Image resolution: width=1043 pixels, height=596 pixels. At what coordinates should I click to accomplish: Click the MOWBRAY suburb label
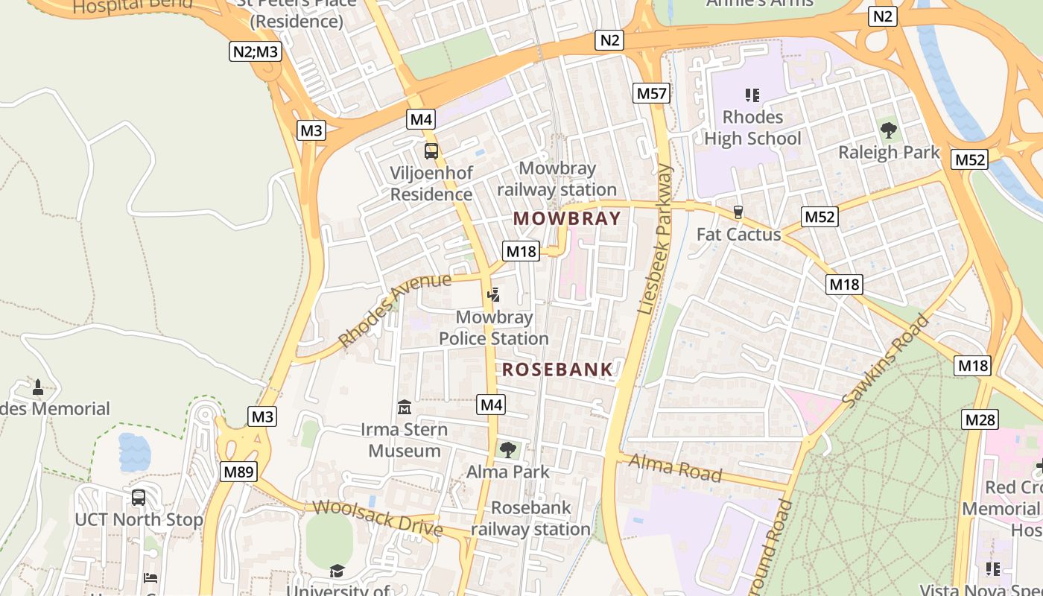567,218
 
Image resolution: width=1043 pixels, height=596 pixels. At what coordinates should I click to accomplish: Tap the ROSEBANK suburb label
557,370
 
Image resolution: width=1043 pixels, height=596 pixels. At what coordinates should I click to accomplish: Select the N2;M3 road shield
254,51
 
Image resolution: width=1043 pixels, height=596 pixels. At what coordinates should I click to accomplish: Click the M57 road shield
652,93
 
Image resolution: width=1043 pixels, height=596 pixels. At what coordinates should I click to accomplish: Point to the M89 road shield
238,471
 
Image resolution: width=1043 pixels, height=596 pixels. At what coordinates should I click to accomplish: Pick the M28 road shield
980,419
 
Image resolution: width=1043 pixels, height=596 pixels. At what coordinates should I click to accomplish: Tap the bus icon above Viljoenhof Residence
431,151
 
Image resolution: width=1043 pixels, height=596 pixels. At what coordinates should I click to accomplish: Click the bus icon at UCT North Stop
139,497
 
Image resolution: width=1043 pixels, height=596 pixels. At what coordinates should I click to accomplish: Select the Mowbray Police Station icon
492,295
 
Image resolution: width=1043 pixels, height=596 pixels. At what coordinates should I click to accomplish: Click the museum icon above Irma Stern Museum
405,408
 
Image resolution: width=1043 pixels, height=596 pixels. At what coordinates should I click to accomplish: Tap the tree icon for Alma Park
508,449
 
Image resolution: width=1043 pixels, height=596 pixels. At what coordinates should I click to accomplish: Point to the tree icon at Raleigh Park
888,130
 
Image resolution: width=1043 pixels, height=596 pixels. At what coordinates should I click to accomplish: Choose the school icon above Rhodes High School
752,95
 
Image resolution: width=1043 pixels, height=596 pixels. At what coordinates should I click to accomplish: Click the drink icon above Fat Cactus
738,212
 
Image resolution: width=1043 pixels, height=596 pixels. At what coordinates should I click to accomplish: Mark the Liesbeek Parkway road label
656,238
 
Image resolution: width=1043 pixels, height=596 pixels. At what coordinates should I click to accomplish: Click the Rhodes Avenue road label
395,310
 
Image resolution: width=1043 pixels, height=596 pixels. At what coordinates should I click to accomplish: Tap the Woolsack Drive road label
378,518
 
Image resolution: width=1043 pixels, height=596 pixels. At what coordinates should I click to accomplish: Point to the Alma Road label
675,467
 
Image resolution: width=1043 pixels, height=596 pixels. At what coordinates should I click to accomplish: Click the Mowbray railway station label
557,179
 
